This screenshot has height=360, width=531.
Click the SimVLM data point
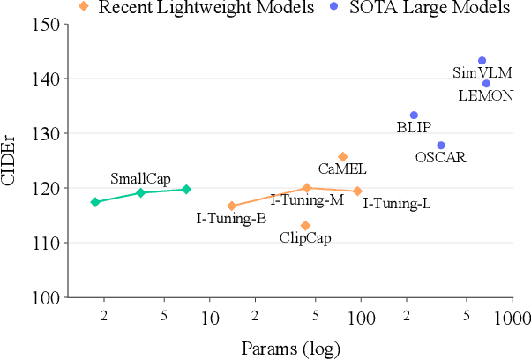coord(482,61)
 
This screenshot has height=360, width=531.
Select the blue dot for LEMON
coord(486,84)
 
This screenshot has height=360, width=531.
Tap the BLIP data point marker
coord(414,116)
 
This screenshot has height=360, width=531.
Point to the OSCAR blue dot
coord(441,146)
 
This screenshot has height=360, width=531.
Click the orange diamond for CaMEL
coord(343,157)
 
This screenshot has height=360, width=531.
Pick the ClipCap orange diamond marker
coord(305,226)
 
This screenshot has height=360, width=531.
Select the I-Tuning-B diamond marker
coord(232,206)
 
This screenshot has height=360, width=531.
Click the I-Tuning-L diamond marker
coord(357,191)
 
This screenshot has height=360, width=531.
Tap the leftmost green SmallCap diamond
coord(95,202)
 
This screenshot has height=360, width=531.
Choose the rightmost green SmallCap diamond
coord(186,189)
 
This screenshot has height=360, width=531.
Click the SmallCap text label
coord(140,178)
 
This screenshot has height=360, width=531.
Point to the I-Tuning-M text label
coord(307,200)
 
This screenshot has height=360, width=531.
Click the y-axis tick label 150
coord(46,24)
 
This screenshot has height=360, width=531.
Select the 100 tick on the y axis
coord(46,297)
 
